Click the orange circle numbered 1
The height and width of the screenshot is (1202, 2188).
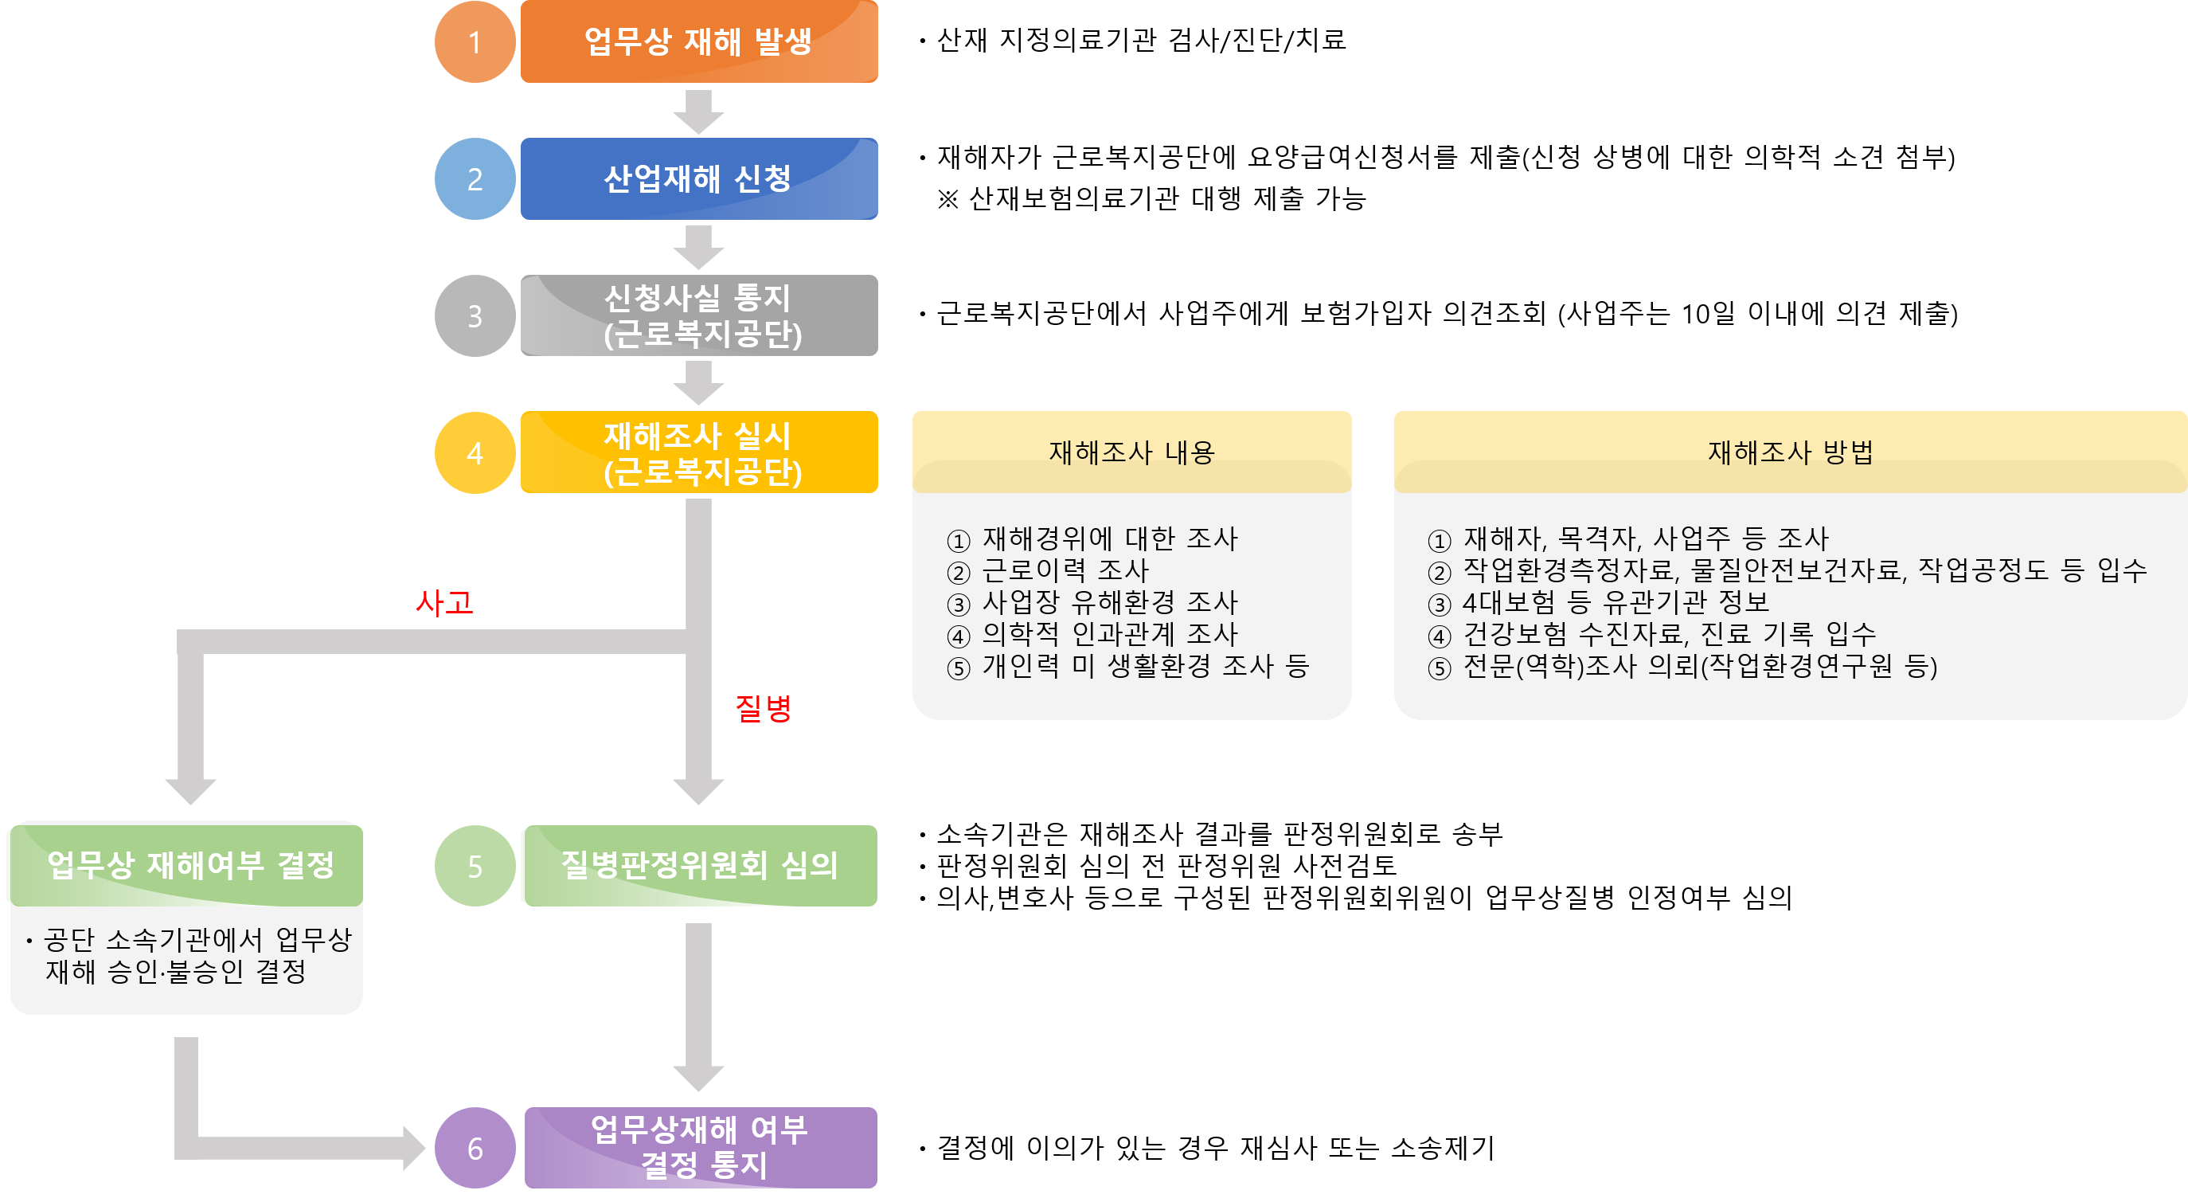tap(475, 41)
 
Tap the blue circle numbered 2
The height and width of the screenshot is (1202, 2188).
tap(475, 178)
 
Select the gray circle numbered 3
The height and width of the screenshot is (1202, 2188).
tap(475, 315)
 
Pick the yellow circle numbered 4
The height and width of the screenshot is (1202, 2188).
tap(475, 452)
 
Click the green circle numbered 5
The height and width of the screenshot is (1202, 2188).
tap(475, 866)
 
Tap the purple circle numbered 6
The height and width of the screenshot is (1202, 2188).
tap(475, 1148)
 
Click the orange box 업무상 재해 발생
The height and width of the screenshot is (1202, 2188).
tap(698, 41)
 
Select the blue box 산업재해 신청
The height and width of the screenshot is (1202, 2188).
tap(698, 178)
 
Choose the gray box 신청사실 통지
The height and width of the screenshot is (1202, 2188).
tap(698, 315)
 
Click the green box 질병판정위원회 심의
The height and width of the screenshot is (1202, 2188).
tap(698, 866)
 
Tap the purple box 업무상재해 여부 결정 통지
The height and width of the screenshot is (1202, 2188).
tap(698, 1148)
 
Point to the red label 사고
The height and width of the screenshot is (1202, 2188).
tap(443, 602)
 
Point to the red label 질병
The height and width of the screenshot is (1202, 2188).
tap(763, 707)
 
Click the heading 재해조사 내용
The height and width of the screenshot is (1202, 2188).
tap(1131, 452)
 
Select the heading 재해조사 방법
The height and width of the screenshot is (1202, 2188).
tap(1790, 452)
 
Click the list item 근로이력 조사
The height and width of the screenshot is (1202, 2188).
tap(1065, 570)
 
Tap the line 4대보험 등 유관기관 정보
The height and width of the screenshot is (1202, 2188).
tap(1614, 602)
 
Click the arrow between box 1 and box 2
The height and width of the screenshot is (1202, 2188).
tap(698, 112)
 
